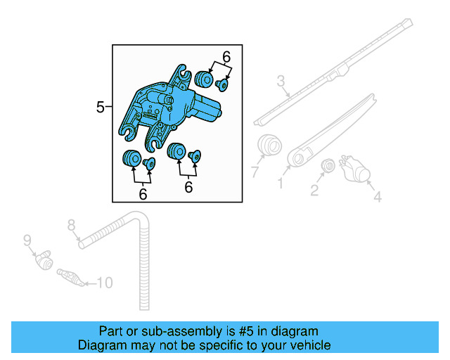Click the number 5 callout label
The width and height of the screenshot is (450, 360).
coord(100,107)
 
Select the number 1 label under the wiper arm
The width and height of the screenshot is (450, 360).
coord(280,184)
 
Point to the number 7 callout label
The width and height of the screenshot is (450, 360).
coord(255,172)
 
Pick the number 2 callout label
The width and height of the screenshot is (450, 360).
coord(314,190)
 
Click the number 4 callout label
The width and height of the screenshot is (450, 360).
coord(377,198)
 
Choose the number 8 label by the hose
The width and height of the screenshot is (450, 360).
coord(71,225)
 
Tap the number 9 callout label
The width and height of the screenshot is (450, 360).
coord(27,240)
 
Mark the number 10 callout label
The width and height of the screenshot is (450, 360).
coord(103,283)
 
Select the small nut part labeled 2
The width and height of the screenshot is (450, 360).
coord(327,166)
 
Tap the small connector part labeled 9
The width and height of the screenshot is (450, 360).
coord(44,261)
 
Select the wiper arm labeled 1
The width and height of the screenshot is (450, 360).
coord(330,130)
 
